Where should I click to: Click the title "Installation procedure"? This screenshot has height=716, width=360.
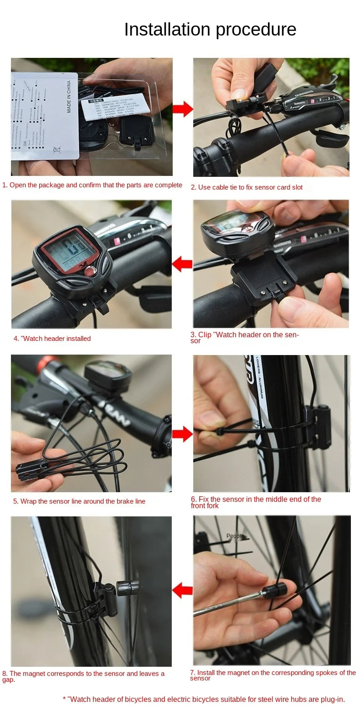(x=210, y=30)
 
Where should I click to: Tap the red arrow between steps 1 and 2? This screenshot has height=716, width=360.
(x=183, y=109)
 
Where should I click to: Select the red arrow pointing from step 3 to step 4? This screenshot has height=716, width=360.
(x=182, y=263)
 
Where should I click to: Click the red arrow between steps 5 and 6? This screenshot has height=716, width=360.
(x=182, y=434)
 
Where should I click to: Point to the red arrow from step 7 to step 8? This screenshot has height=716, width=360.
(x=182, y=590)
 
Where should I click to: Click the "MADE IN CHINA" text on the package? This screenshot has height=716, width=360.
(x=69, y=97)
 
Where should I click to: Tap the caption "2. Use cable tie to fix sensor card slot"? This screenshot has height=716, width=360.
(x=247, y=187)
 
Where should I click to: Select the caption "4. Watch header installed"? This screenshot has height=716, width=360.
(x=52, y=339)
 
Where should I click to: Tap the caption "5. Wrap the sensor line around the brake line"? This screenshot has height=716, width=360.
(x=79, y=501)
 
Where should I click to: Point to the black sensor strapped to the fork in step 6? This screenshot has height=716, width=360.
(x=319, y=426)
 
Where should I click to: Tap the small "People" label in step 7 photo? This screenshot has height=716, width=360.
(x=235, y=536)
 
